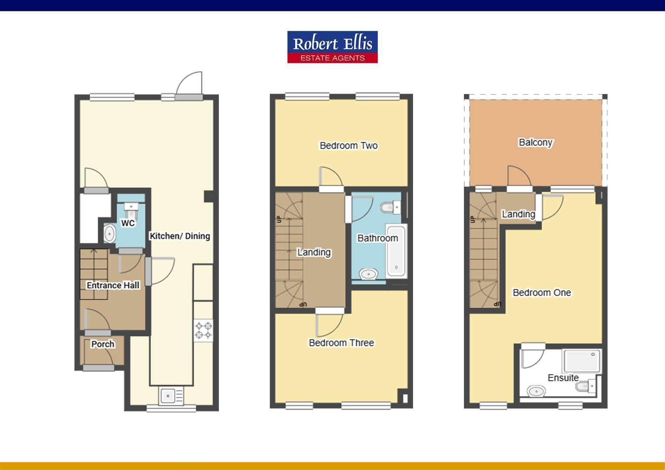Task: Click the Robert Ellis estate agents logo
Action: [x=332, y=47]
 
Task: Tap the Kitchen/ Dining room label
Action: [x=180, y=236]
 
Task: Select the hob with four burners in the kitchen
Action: [x=203, y=330]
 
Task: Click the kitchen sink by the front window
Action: [x=168, y=396]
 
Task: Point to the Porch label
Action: [x=103, y=344]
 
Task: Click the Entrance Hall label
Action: [x=113, y=285]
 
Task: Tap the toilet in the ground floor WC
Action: [x=131, y=210]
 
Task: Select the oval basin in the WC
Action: [x=109, y=234]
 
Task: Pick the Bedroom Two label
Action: [x=349, y=146]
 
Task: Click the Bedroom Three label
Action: [x=341, y=343]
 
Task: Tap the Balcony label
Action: [x=535, y=143]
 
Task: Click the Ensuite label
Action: [x=563, y=378]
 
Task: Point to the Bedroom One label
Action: [x=541, y=293]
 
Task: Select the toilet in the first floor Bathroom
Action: [x=390, y=207]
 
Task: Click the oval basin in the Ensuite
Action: [x=537, y=391]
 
